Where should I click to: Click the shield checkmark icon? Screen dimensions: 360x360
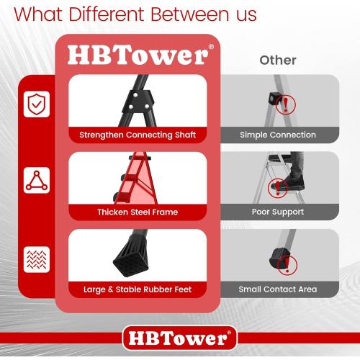pos(35,104)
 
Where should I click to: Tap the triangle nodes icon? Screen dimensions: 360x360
pos(35,181)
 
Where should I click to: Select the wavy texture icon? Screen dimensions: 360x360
pos(35,258)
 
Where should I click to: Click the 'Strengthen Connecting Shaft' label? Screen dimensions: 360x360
pos(138,135)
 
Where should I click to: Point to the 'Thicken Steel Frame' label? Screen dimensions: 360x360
pos(138,212)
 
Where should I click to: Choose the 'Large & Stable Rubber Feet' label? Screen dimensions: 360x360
pos(138,289)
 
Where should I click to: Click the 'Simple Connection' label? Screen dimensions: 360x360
pos(278,135)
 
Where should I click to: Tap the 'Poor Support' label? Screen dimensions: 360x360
pos(278,212)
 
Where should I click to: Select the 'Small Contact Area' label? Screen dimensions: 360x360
pos(278,289)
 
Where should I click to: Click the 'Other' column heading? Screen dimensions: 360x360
pos(278,60)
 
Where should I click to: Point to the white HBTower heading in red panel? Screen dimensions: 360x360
pos(137,56)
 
